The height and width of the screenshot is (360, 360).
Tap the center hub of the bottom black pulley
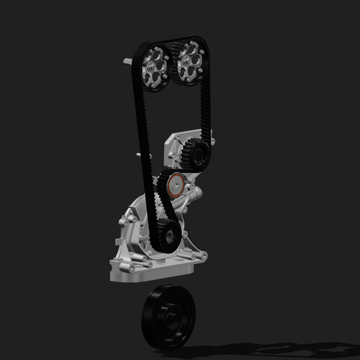point(170,319)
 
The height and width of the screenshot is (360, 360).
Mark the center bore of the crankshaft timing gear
point(167,233)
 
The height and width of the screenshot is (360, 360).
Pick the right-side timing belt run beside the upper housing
point(207,112)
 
